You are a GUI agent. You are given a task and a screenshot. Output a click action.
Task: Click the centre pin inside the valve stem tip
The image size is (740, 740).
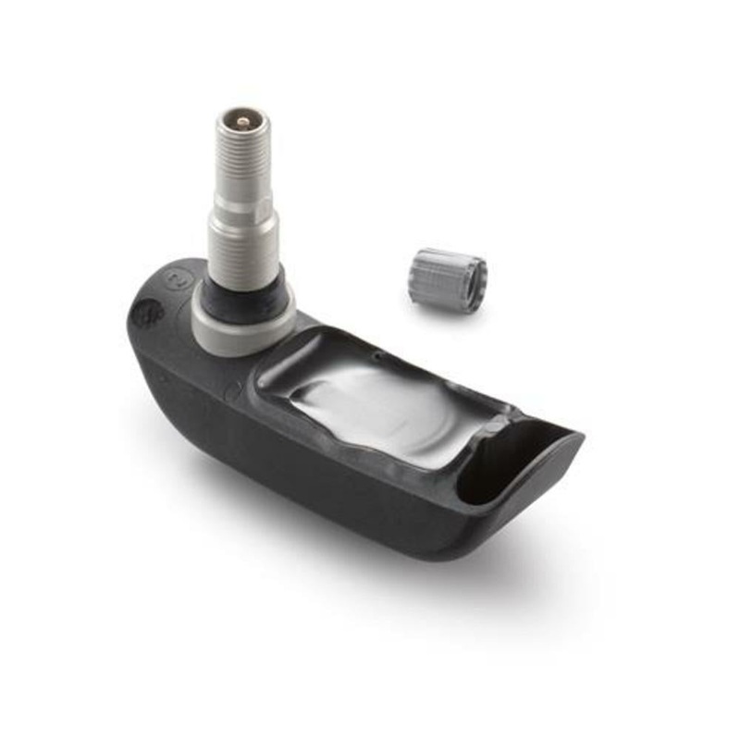pyautogui.click(x=242, y=120)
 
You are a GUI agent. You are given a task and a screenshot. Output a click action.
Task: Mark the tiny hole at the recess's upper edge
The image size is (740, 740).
pyautogui.click(x=376, y=352)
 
